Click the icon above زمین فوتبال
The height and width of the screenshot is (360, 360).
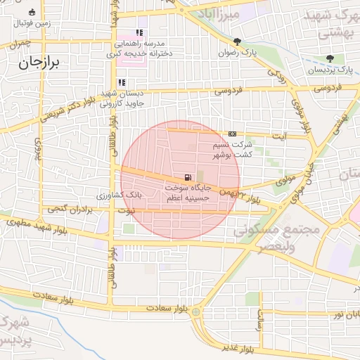click(31, 12)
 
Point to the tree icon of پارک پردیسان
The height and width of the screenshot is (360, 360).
click(330, 58)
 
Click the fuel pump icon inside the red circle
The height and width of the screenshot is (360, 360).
click(186, 177)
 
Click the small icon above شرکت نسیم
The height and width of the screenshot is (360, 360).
click(233, 134)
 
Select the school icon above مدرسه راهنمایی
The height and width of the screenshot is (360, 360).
click(139, 32)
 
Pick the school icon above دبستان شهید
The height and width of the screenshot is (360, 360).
click(122, 82)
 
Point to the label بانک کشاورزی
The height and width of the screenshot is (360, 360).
click(118, 193)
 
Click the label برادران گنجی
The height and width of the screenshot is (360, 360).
click(70, 210)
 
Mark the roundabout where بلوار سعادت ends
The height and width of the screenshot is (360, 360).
click(196, 311)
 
